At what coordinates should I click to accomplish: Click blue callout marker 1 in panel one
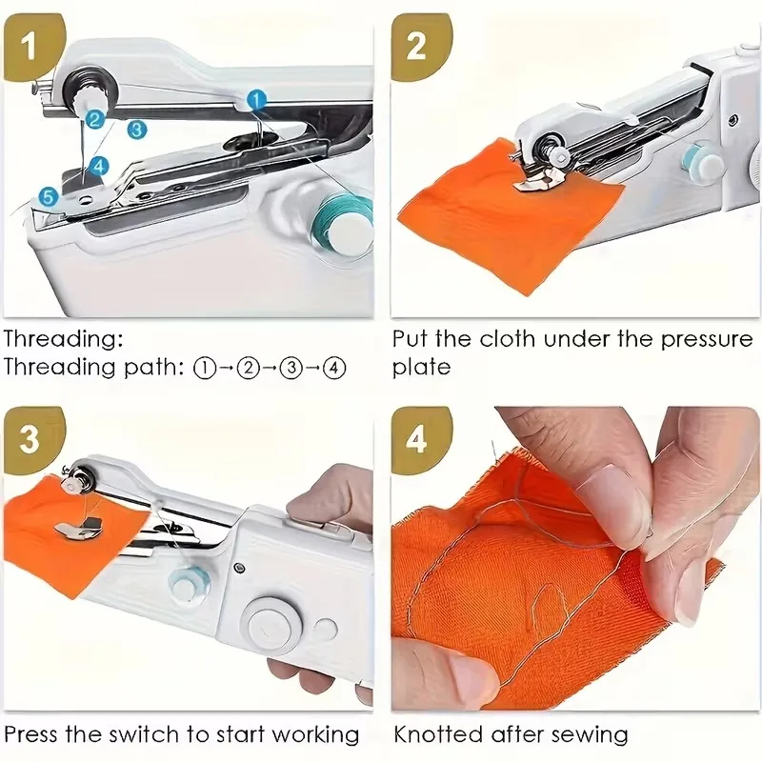[x=256, y=99]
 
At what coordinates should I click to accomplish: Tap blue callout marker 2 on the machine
[x=93, y=119]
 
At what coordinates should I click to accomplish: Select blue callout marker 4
[x=100, y=165]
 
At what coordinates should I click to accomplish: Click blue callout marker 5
[x=49, y=197]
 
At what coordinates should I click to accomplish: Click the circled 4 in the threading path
[x=333, y=368]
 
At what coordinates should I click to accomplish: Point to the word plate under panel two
[x=421, y=368]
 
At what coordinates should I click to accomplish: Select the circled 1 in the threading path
[x=205, y=368]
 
